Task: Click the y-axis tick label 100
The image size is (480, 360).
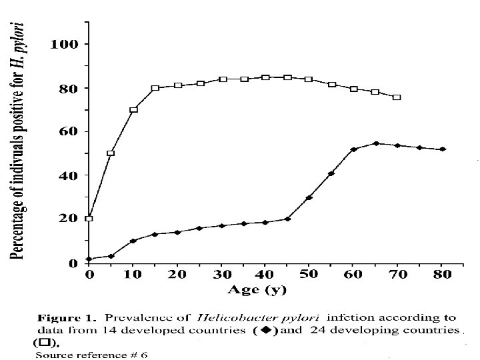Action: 65,44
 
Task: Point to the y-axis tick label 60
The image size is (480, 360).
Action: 69,131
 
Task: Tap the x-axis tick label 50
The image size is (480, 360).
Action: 309,275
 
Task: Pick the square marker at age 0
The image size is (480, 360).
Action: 89,218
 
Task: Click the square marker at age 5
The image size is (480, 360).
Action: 111,153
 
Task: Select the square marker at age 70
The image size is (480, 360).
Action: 397,97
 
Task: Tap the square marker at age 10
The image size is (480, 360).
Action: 133,110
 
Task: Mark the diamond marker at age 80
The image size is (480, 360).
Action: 442,149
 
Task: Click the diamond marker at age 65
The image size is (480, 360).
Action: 376,143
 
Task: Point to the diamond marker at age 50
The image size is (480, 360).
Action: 309,198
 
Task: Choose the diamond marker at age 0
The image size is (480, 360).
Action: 89,259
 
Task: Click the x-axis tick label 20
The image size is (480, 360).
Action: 177,275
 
